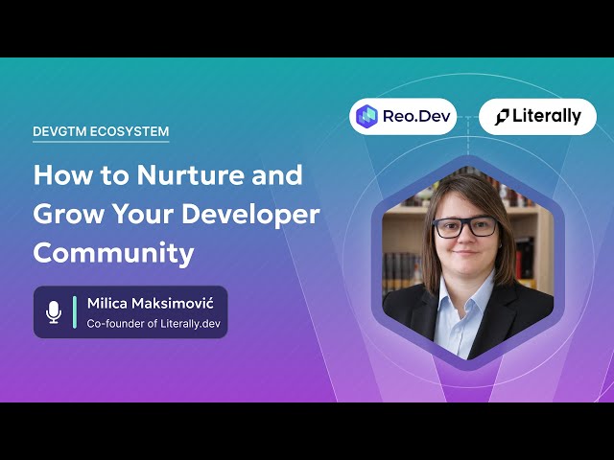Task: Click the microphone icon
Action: (53, 311)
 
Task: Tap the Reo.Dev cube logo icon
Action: (366, 116)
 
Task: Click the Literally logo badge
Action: (537, 116)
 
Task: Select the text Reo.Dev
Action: (413, 116)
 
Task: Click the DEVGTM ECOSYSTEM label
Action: (101, 132)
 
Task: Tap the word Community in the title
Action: (113, 253)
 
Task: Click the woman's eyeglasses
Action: (465, 228)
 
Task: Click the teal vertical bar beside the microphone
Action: (75, 311)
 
